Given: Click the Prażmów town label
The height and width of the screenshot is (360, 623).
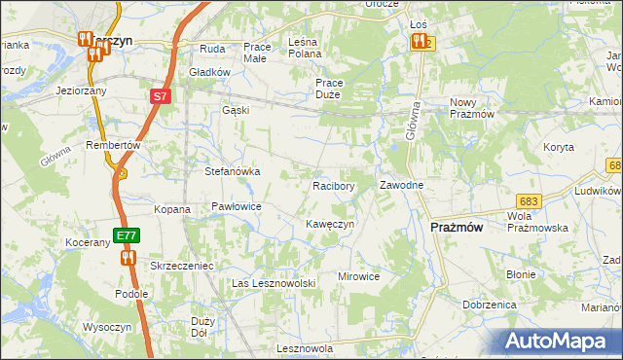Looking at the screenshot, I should coord(458,227).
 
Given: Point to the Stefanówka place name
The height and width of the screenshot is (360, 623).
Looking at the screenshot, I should coord(232,171).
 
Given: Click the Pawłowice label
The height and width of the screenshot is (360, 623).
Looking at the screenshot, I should coord(237,206).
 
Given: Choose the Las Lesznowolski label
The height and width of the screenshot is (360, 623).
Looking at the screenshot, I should coord(275,282).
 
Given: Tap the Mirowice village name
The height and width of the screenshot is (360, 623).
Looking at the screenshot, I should coord(358,276).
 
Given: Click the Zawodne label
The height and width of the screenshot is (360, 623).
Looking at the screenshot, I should coord(400,185).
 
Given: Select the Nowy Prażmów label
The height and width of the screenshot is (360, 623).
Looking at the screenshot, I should coord(474,108).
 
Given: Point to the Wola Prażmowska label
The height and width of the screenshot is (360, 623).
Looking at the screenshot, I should coord(537,221).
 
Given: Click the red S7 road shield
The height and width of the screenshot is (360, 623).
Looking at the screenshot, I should coord(161,96).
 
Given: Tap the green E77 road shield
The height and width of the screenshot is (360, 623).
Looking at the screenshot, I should coord(126,235).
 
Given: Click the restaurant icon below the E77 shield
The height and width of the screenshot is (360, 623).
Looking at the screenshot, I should coord(128,258).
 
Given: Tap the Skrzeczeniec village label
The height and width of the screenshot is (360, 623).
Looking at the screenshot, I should coord(181,265).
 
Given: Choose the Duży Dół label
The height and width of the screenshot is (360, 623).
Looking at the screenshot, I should coord(202,326).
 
